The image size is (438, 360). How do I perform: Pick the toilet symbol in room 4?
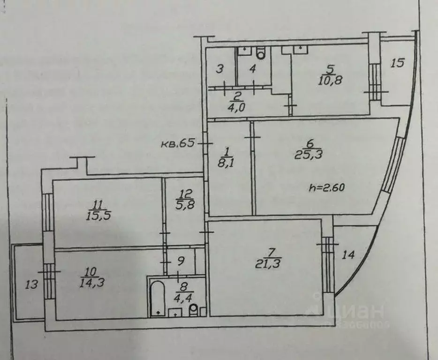click(261, 54)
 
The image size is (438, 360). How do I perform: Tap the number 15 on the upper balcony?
click(398, 63)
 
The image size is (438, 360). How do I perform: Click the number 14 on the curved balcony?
click(348, 255)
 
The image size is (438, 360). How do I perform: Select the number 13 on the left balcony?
click(31, 284)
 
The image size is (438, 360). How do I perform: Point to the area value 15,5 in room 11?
click(98, 216)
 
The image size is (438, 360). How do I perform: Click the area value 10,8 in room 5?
click(331, 79)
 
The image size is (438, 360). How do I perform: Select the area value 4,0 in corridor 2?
click(237, 107)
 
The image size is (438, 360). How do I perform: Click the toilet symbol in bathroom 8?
click(193, 310)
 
